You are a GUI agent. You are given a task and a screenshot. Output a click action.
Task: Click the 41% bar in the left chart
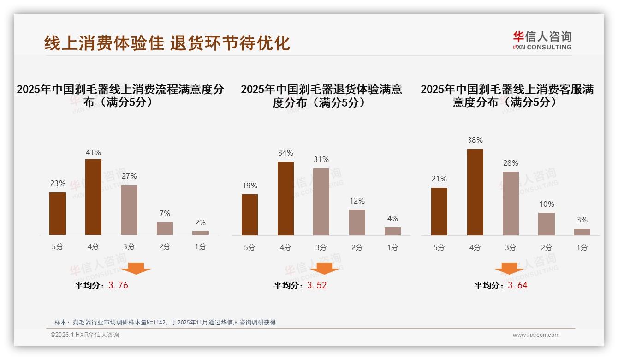point(93,197)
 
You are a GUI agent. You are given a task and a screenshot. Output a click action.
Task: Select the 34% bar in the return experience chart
point(285,198)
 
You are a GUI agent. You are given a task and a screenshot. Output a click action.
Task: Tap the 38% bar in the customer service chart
point(475,192)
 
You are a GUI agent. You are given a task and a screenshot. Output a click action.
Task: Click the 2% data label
point(200,222)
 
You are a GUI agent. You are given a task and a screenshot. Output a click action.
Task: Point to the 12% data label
point(357,201)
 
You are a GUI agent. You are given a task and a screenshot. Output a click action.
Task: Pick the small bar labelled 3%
point(582,232)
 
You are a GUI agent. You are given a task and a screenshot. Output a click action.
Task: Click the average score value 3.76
point(118,285)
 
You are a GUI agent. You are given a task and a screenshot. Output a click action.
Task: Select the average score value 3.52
point(317,285)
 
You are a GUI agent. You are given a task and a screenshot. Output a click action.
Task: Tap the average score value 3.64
point(517,285)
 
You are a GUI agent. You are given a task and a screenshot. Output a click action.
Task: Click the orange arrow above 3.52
point(324,268)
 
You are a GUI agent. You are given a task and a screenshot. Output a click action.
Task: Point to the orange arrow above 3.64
point(509,268)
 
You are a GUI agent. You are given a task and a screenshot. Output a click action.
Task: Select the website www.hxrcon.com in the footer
point(536,335)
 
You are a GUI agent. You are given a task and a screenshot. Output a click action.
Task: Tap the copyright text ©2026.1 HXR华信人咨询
point(85,335)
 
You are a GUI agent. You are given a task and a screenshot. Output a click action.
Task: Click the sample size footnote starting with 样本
point(165,322)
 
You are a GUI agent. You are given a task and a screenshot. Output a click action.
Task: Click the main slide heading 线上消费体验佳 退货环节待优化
point(167,43)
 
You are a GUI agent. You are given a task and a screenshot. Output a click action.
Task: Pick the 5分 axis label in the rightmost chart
point(439,247)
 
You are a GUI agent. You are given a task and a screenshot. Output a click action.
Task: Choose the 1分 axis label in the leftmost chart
point(200,246)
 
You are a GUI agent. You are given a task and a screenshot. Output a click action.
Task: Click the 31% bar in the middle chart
point(321,202)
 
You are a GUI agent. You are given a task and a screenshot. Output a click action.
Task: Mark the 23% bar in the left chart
point(58,214)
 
